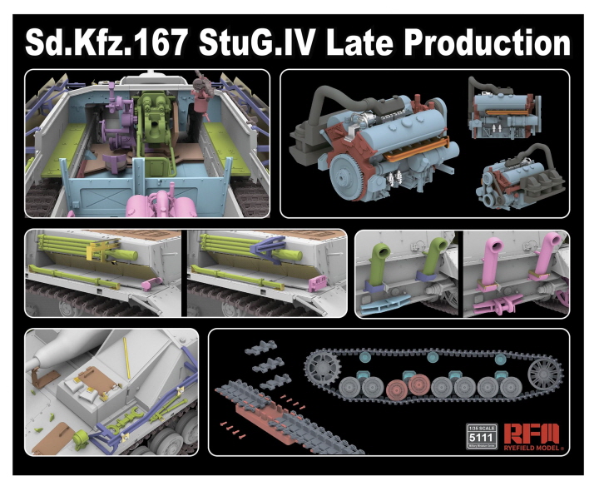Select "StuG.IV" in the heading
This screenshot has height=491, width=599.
pos(258,42)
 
